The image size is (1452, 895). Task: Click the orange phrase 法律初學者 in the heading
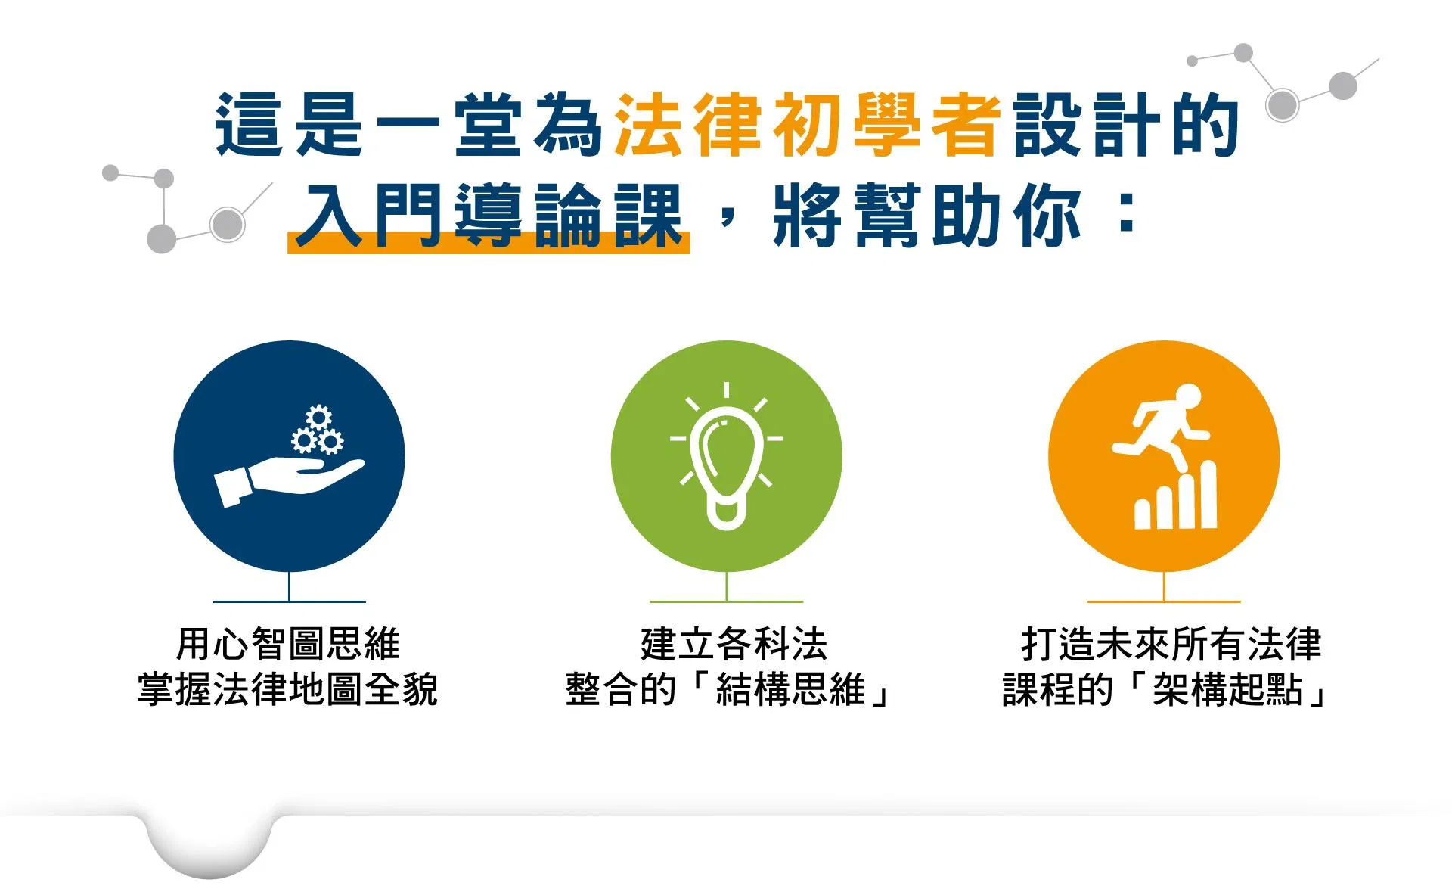click(x=808, y=126)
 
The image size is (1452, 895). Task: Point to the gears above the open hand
click(x=318, y=430)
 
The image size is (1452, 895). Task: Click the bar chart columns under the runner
click(x=1176, y=496)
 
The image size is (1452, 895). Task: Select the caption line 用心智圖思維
click(x=288, y=645)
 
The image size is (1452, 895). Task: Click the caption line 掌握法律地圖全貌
click(x=288, y=689)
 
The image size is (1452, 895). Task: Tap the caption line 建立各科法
click(x=734, y=645)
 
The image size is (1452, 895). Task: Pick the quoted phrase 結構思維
click(x=790, y=689)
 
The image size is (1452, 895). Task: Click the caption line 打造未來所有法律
click(x=1171, y=645)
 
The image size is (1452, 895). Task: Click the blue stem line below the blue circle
click(x=289, y=586)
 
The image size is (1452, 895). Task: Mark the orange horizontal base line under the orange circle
click(x=1164, y=602)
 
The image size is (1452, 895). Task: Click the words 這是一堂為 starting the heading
click(x=408, y=126)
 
